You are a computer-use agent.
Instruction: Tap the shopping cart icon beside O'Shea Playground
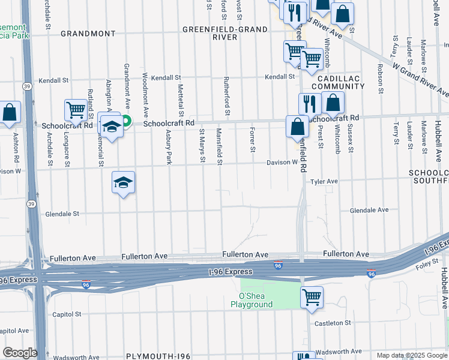312,296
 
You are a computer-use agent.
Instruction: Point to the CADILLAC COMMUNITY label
340,83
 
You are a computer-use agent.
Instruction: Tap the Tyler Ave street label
324,181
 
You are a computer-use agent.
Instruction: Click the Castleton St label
333,323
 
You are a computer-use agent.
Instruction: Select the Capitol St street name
67,314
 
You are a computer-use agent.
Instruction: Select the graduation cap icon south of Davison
123,182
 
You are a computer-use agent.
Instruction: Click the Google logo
20,353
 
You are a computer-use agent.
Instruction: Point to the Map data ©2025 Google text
411,355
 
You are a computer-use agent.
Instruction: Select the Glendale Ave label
369,210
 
